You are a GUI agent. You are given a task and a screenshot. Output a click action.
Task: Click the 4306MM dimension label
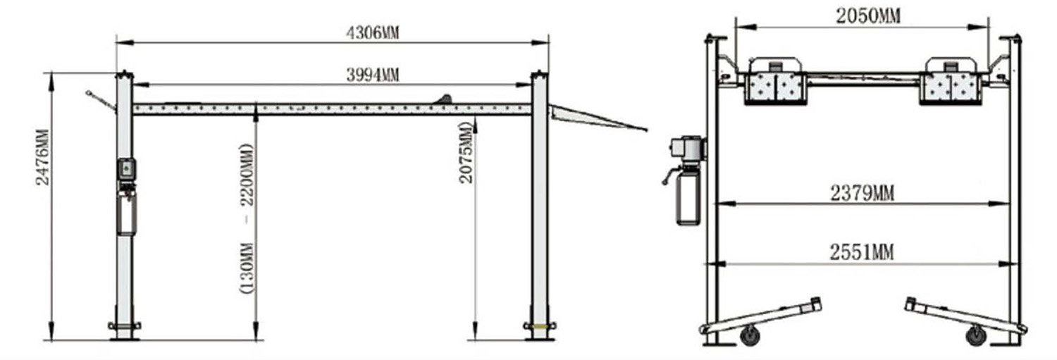[373, 33]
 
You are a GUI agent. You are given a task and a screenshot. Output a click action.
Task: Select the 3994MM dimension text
[373, 75]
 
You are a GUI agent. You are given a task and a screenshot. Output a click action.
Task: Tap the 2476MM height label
[42, 157]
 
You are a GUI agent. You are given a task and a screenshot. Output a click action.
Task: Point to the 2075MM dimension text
[465, 152]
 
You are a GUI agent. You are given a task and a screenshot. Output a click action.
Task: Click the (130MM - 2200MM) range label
[247, 218]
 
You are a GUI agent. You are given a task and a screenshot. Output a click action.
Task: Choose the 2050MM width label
[867, 16]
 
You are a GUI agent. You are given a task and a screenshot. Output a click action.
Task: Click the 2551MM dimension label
[862, 253]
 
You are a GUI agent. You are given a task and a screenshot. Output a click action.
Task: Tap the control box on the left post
[126, 169]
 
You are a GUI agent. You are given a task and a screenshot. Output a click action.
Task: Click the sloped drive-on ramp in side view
[598, 118]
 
